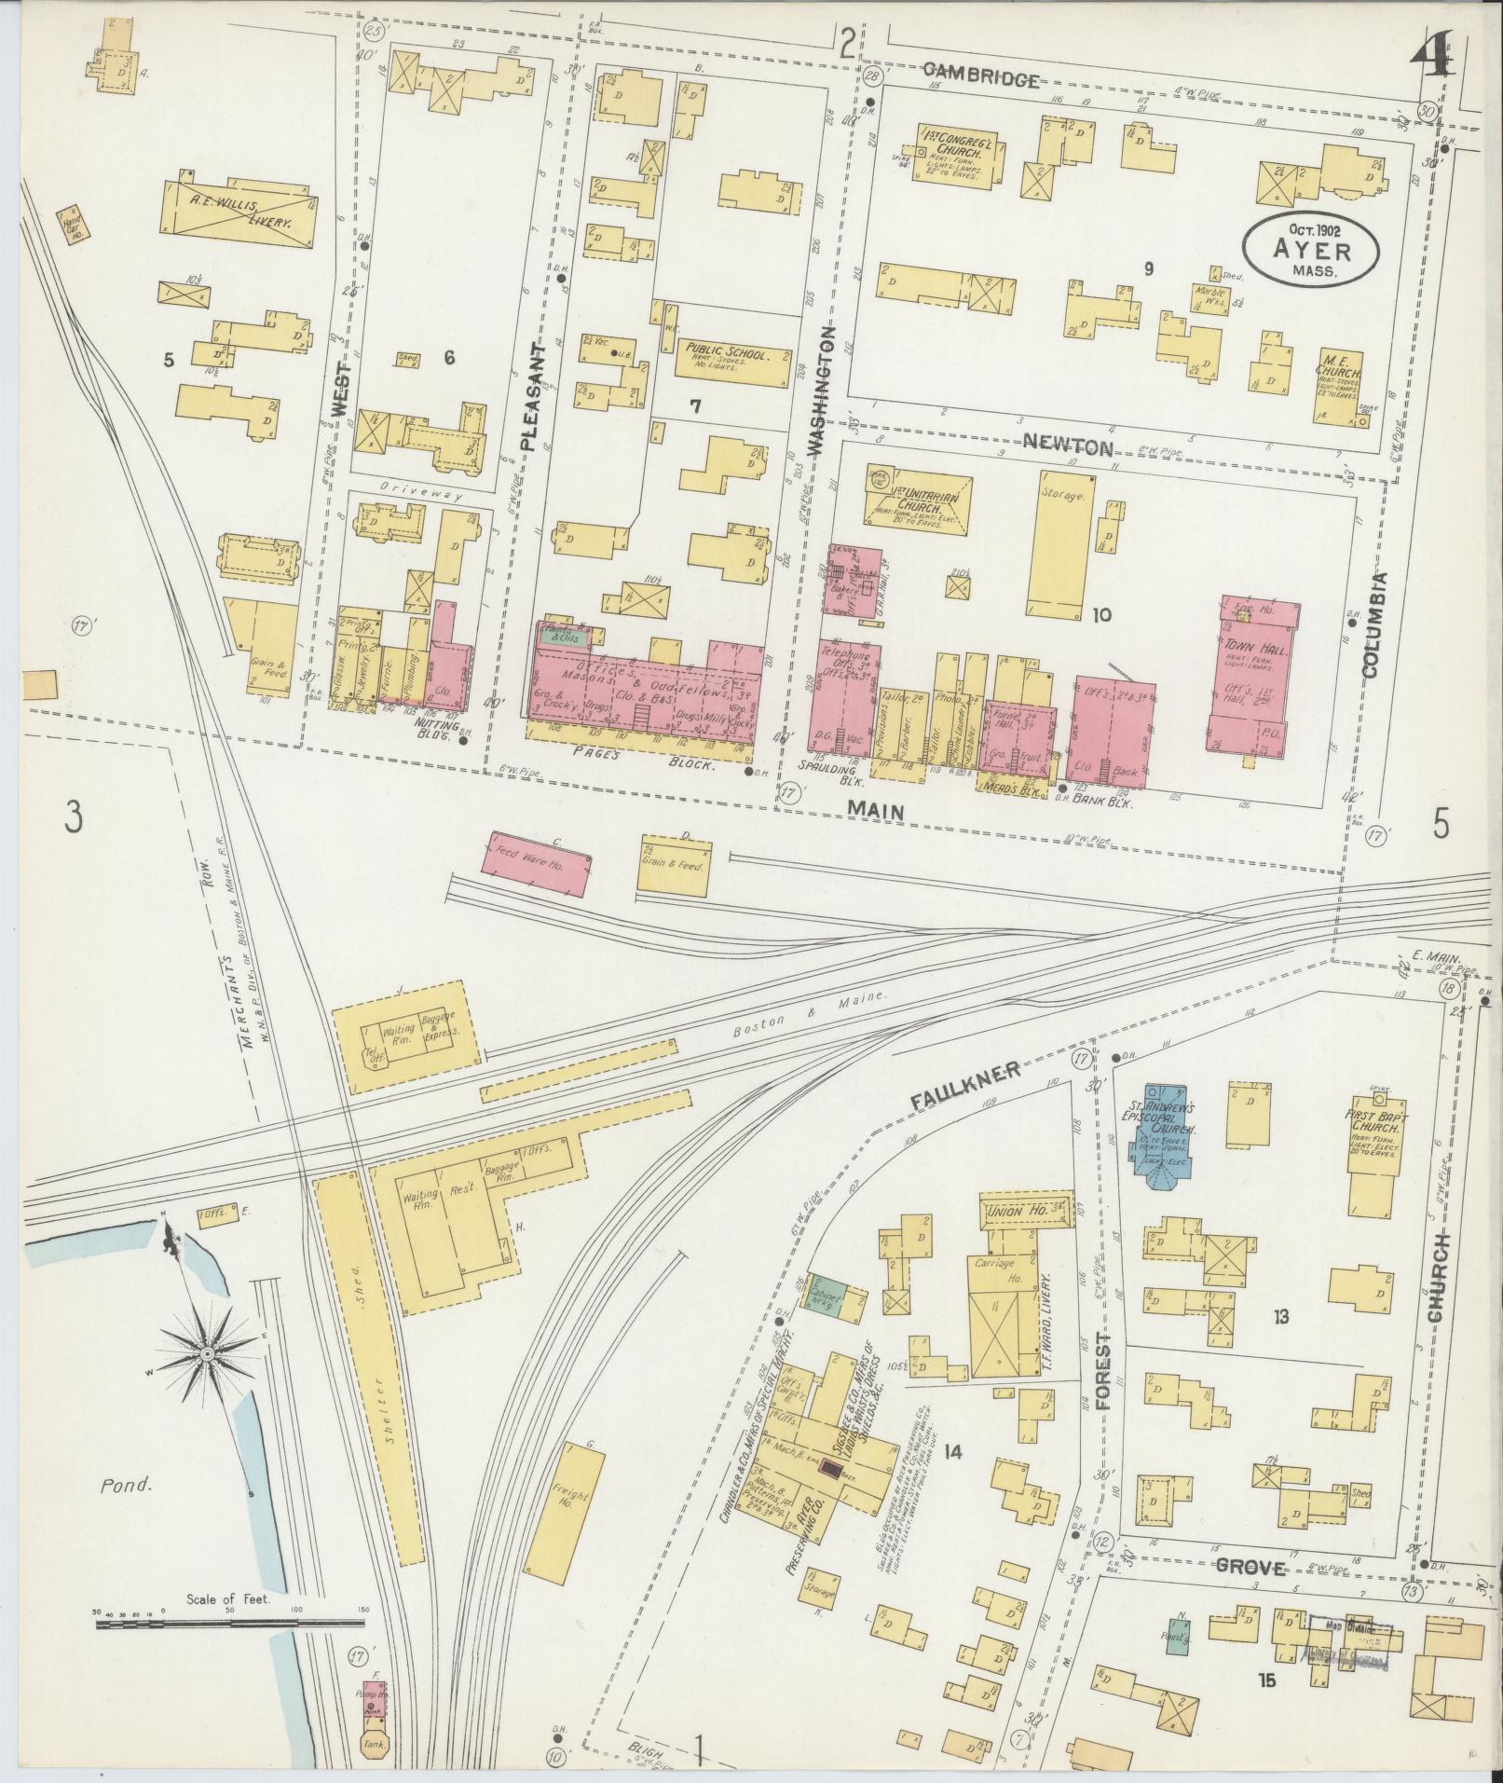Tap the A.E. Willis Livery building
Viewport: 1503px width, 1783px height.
coord(239,213)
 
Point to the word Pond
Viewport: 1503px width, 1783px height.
coord(126,1486)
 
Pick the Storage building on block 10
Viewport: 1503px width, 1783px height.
coord(1060,542)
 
